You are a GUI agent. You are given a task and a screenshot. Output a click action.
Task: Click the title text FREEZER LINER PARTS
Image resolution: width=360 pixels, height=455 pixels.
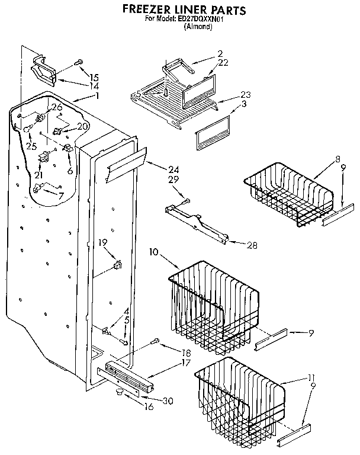point(184,10)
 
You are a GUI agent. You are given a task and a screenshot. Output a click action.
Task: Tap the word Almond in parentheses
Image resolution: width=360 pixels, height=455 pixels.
point(198,27)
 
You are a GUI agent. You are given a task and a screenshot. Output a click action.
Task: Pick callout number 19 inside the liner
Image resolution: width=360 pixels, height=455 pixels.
point(102,242)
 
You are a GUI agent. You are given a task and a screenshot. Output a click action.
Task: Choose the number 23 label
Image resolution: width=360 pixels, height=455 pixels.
point(245,94)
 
